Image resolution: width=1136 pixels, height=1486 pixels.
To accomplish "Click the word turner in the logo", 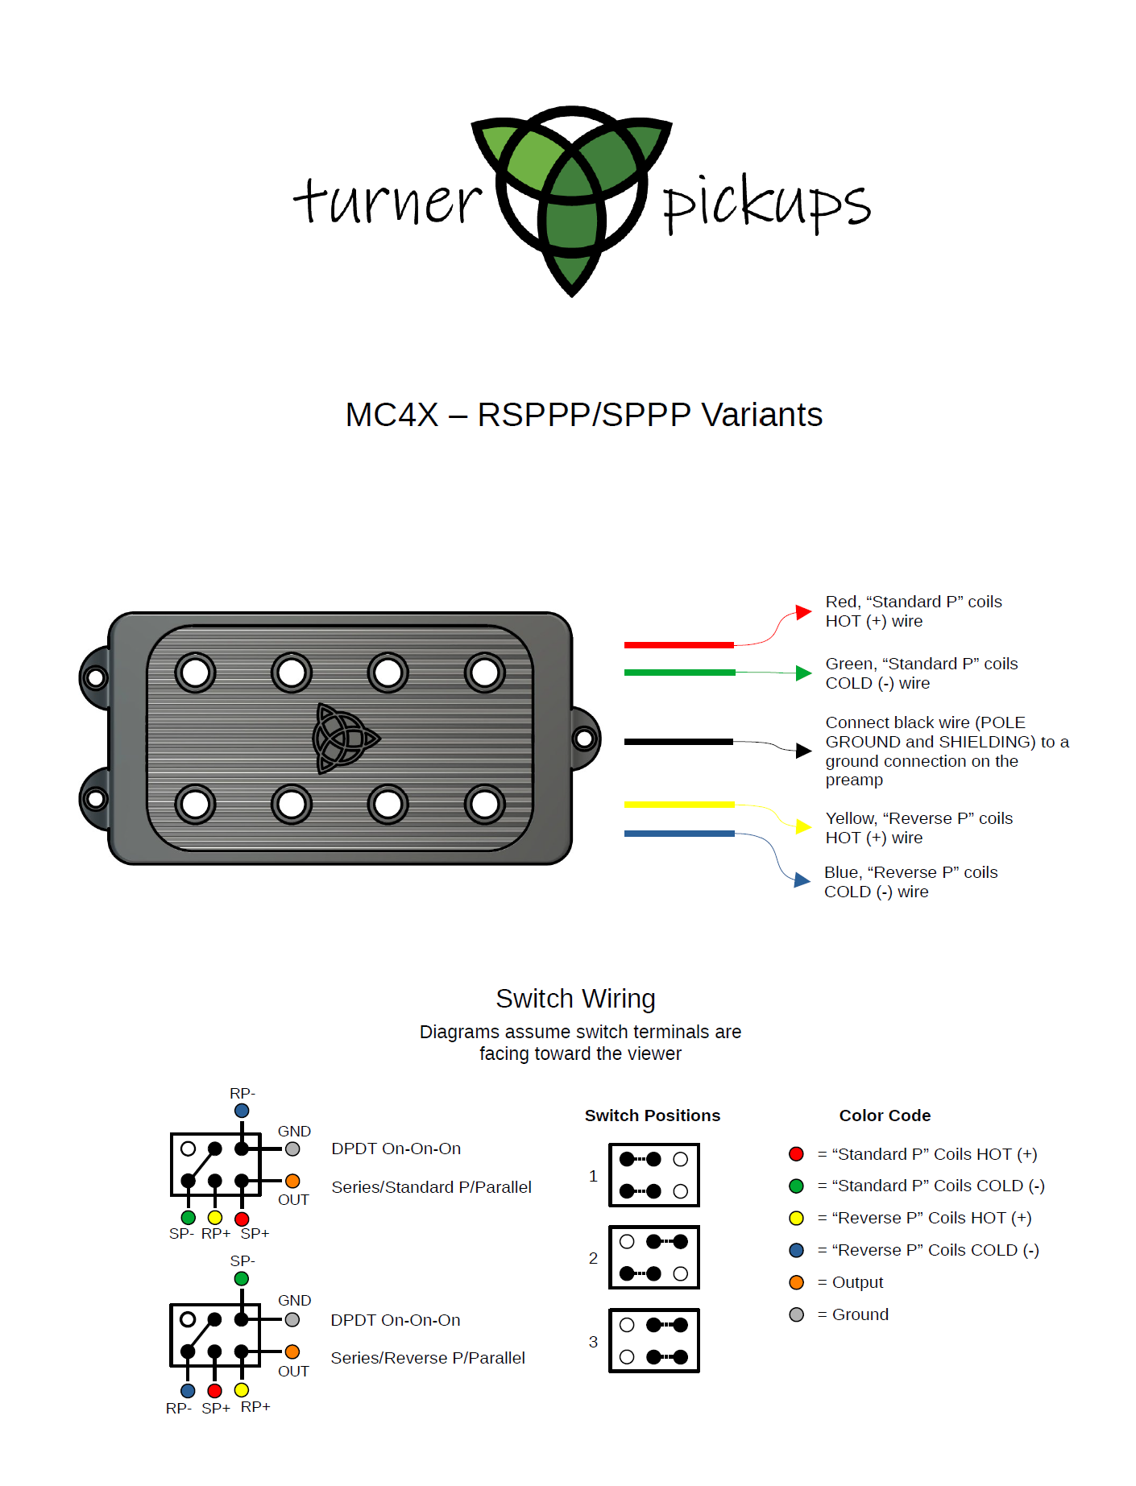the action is pos(388,201).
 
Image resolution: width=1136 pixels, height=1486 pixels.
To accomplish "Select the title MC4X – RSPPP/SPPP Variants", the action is pos(583,415).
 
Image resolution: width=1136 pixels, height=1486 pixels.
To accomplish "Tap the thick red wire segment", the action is pos(678,645).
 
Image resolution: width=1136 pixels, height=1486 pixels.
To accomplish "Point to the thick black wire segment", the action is pos(678,742).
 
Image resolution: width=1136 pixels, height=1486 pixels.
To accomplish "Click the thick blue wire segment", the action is pos(678,834).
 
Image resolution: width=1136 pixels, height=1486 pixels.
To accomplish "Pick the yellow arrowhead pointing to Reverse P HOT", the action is pos(803,826).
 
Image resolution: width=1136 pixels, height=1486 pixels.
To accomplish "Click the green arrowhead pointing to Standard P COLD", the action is pos(803,673).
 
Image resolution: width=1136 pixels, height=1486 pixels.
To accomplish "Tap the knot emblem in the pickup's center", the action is pos(346,739).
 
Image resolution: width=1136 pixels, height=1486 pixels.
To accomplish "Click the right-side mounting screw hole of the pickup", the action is pos(585,739).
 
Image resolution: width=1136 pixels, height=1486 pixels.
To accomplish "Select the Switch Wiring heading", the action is pos(575,999).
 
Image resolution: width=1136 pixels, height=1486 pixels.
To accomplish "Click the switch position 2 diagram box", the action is pos(653,1257).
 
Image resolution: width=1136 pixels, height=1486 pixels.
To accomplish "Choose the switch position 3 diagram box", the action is pos(653,1341).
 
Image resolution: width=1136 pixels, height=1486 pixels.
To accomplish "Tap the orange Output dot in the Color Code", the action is pos(797,1282).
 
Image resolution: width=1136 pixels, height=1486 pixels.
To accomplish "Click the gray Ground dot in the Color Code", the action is pos(797,1314).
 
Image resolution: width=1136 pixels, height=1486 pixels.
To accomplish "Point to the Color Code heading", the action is pos(885,1116).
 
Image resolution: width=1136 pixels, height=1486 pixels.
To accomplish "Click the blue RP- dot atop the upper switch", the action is pos(242,1111).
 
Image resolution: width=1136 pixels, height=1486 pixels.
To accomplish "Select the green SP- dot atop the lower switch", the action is pos(242,1278).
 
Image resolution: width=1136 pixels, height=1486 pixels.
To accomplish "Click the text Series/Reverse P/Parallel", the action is pos(428,1358).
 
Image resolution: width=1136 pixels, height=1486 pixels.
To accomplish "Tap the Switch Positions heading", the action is pos(653,1116).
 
